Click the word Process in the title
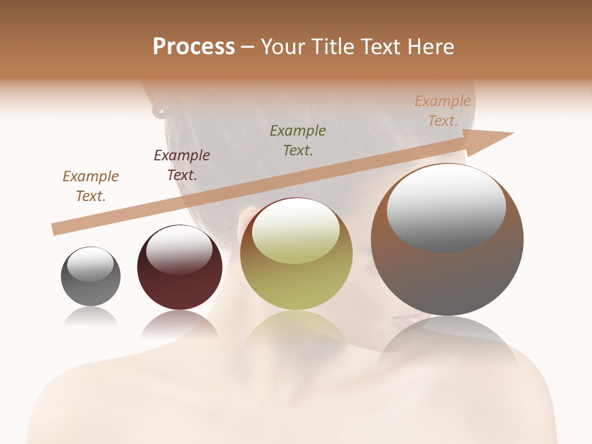(194, 47)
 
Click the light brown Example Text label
(91, 186)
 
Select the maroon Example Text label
(182, 165)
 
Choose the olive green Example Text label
(298, 141)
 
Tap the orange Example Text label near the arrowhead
(443, 111)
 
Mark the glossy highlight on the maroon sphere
(179, 250)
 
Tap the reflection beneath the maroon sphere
(179, 324)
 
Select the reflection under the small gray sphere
(91, 316)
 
